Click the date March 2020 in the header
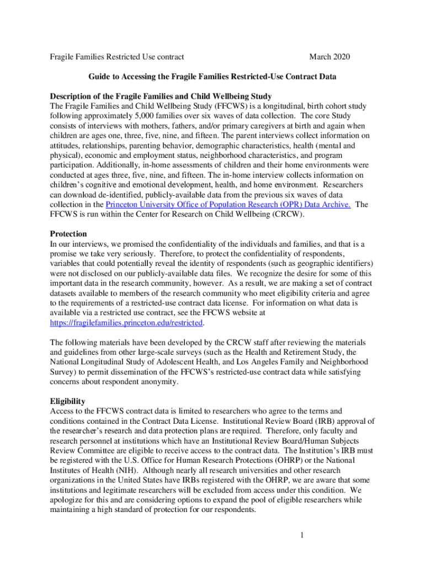(330, 57)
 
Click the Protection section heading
(68, 234)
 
